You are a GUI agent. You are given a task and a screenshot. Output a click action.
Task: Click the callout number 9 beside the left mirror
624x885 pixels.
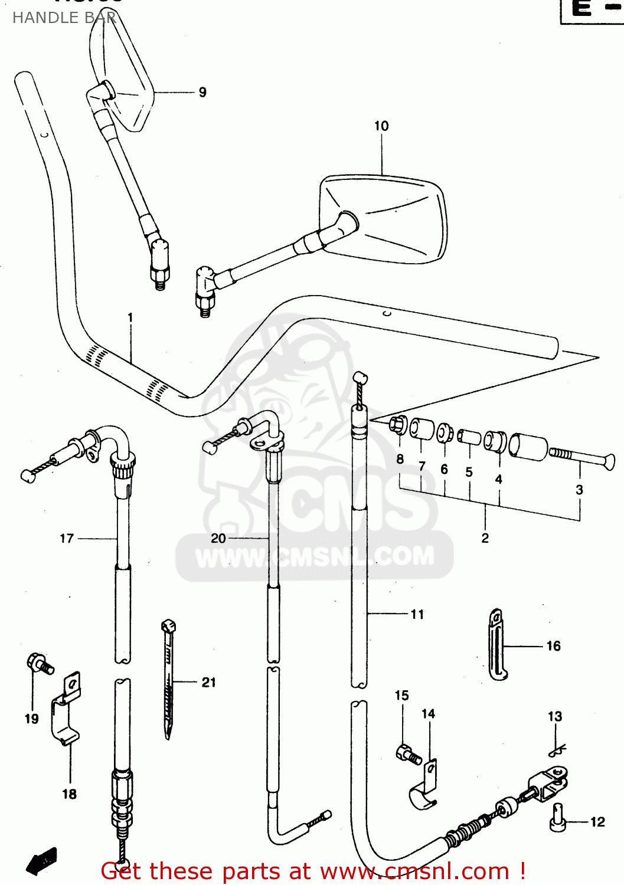[x=202, y=92]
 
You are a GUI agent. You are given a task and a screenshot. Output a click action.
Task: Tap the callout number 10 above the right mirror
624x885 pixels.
[x=381, y=126]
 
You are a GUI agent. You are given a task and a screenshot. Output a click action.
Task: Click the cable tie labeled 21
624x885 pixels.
[x=169, y=678]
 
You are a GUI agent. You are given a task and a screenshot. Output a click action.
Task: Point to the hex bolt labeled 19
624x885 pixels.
[x=40, y=664]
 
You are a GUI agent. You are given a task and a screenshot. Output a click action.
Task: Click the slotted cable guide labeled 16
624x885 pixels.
[x=496, y=645]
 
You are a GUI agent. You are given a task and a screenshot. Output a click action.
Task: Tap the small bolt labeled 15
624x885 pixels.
[x=408, y=754]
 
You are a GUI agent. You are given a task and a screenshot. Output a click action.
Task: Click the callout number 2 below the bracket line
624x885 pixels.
[x=485, y=538]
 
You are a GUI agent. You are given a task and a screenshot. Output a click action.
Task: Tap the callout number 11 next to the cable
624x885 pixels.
[x=417, y=614]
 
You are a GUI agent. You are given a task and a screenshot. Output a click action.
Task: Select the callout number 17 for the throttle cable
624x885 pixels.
[x=67, y=538]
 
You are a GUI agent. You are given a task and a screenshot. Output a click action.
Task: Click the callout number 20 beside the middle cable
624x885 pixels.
[x=218, y=538]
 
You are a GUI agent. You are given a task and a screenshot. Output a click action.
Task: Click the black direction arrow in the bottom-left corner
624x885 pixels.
[x=41, y=861]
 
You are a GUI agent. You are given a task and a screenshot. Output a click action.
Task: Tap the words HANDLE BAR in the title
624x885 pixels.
[x=64, y=18]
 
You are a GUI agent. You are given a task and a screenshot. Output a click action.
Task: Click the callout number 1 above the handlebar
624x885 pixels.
[x=130, y=317]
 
